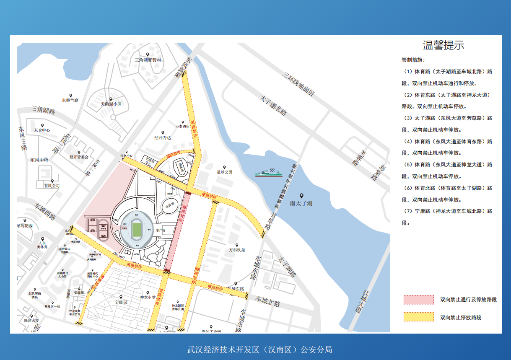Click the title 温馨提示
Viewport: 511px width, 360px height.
click(444, 45)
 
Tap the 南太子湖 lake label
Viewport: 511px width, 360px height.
click(301, 204)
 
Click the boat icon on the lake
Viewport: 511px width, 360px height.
click(269, 172)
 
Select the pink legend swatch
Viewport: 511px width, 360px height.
click(418, 300)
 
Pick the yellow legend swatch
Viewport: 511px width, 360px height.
click(418, 317)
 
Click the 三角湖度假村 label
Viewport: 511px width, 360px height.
click(148, 60)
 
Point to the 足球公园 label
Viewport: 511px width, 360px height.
click(224, 172)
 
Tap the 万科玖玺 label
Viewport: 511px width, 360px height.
click(237, 250)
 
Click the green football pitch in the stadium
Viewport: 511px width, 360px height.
click(137, 229)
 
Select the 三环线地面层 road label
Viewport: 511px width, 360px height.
click(298, 85)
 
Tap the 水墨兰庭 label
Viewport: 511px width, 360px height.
click(70, 101)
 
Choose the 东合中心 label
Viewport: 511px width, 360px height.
click(42, 130)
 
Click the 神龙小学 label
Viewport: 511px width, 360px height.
click(148, 298)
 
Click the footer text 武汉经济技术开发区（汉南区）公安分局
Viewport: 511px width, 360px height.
click(259, 349)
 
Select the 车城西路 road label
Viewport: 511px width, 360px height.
click(45, 212)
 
